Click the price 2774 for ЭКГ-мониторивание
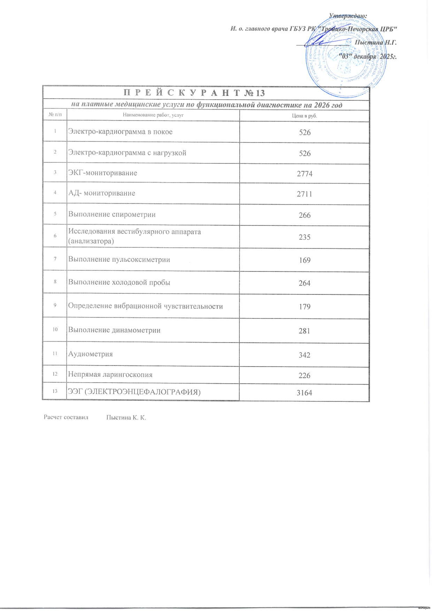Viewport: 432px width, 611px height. [x=305, y=174]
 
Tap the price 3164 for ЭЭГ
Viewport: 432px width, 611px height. [x=304, y=393]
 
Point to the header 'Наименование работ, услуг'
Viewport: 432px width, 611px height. [x=153, y=115]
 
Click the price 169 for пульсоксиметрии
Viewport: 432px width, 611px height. [x=305, y=260]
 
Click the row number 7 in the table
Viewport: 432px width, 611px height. [x=55, y=259]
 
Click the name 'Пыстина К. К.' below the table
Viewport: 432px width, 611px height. [x=126, y=418]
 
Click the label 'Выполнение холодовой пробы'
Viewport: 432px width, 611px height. [x=119, y=282]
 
